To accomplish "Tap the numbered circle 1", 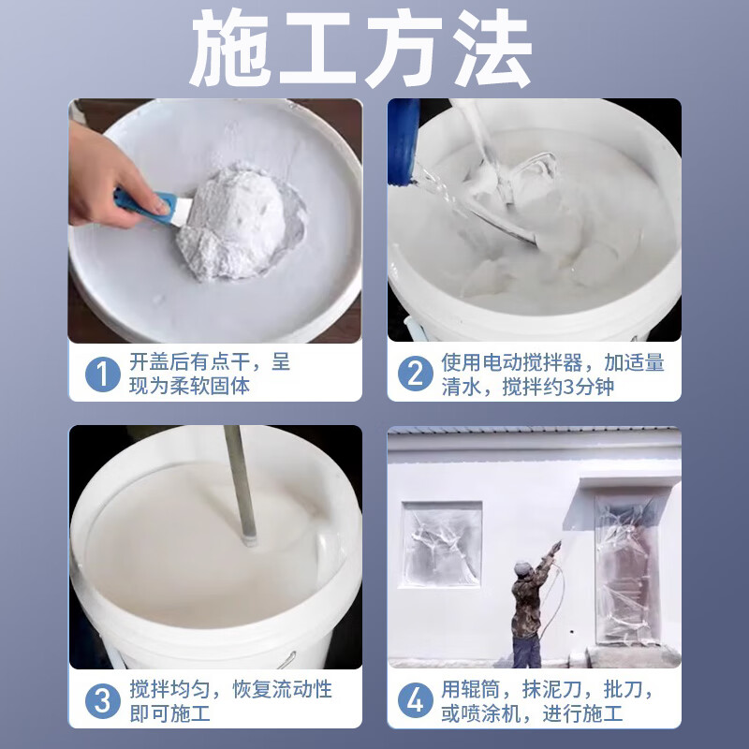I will tap(102, 374).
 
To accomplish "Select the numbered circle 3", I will tap(102, 701).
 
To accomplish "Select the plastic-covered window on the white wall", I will tap(442, 545).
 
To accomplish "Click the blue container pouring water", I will tap(404, 140).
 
